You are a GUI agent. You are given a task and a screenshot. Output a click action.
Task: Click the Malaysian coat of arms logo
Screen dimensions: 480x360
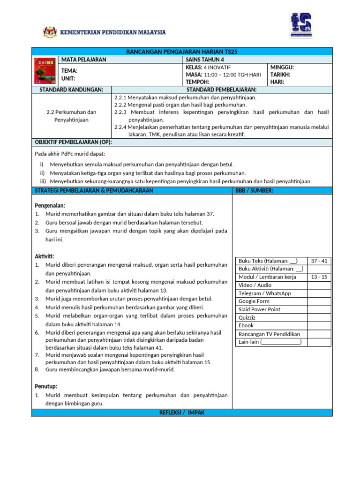coord(50,32)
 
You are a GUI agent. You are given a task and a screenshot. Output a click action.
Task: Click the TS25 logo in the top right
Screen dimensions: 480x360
coord(300,26)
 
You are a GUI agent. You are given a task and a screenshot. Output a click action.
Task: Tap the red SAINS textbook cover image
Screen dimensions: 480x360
coord(45,71)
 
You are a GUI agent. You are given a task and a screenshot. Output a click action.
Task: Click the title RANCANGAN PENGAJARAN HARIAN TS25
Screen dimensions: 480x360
coord(182,52)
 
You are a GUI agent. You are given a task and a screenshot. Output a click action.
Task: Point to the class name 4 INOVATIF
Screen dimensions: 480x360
coord(220,67)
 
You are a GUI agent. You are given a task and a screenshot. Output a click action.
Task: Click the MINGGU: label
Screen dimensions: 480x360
coord(282,67)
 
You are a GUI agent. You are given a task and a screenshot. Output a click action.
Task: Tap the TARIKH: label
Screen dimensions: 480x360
coord(280,75)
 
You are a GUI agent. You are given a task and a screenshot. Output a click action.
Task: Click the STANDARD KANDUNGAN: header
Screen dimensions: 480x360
coord(68,90)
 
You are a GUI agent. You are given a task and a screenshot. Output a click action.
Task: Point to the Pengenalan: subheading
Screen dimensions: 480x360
coord(50,205)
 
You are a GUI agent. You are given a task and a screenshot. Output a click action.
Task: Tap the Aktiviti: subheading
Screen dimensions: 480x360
coord(45,256)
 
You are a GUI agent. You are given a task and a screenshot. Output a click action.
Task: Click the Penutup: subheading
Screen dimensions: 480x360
coord(46,386)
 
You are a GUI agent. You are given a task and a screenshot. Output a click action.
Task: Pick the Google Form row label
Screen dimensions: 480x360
coord(254,301)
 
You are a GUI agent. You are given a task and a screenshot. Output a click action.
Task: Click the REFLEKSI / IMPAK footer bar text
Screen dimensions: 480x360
coord(182,412)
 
